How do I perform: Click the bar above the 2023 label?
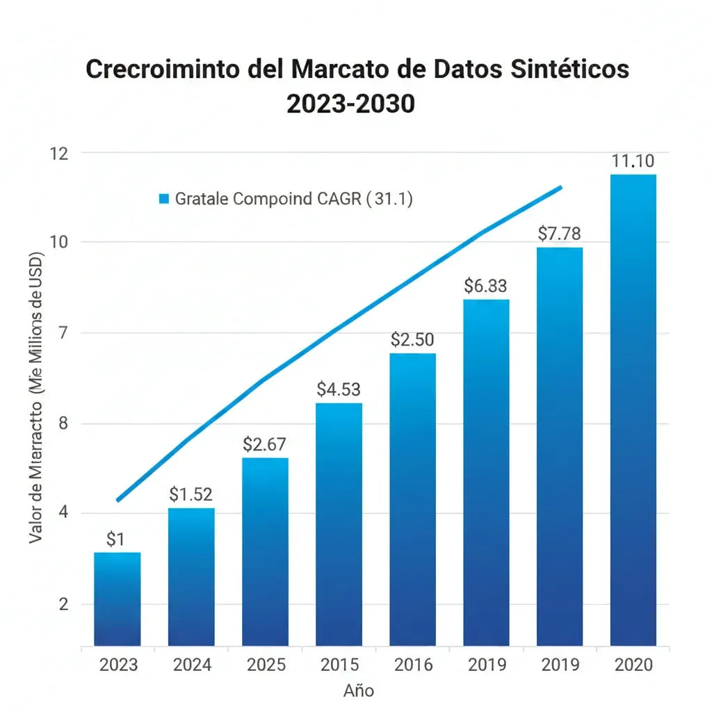click(117, 599)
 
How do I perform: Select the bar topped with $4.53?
click(339, 524)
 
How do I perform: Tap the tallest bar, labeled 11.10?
click(633, 410)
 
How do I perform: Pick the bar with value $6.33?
click(486, 473)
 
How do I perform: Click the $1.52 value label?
click(191, 494)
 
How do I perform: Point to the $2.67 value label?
click(264, 444)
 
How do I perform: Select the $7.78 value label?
click(559, 234)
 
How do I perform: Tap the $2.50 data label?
click(412, 339)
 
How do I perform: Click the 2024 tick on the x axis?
click(192, 665)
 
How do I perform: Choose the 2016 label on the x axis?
click(413, 665)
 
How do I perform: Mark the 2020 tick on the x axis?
click(633, 665)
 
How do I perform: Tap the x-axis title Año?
click(359, 690)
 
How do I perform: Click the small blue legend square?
click(164, 200)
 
